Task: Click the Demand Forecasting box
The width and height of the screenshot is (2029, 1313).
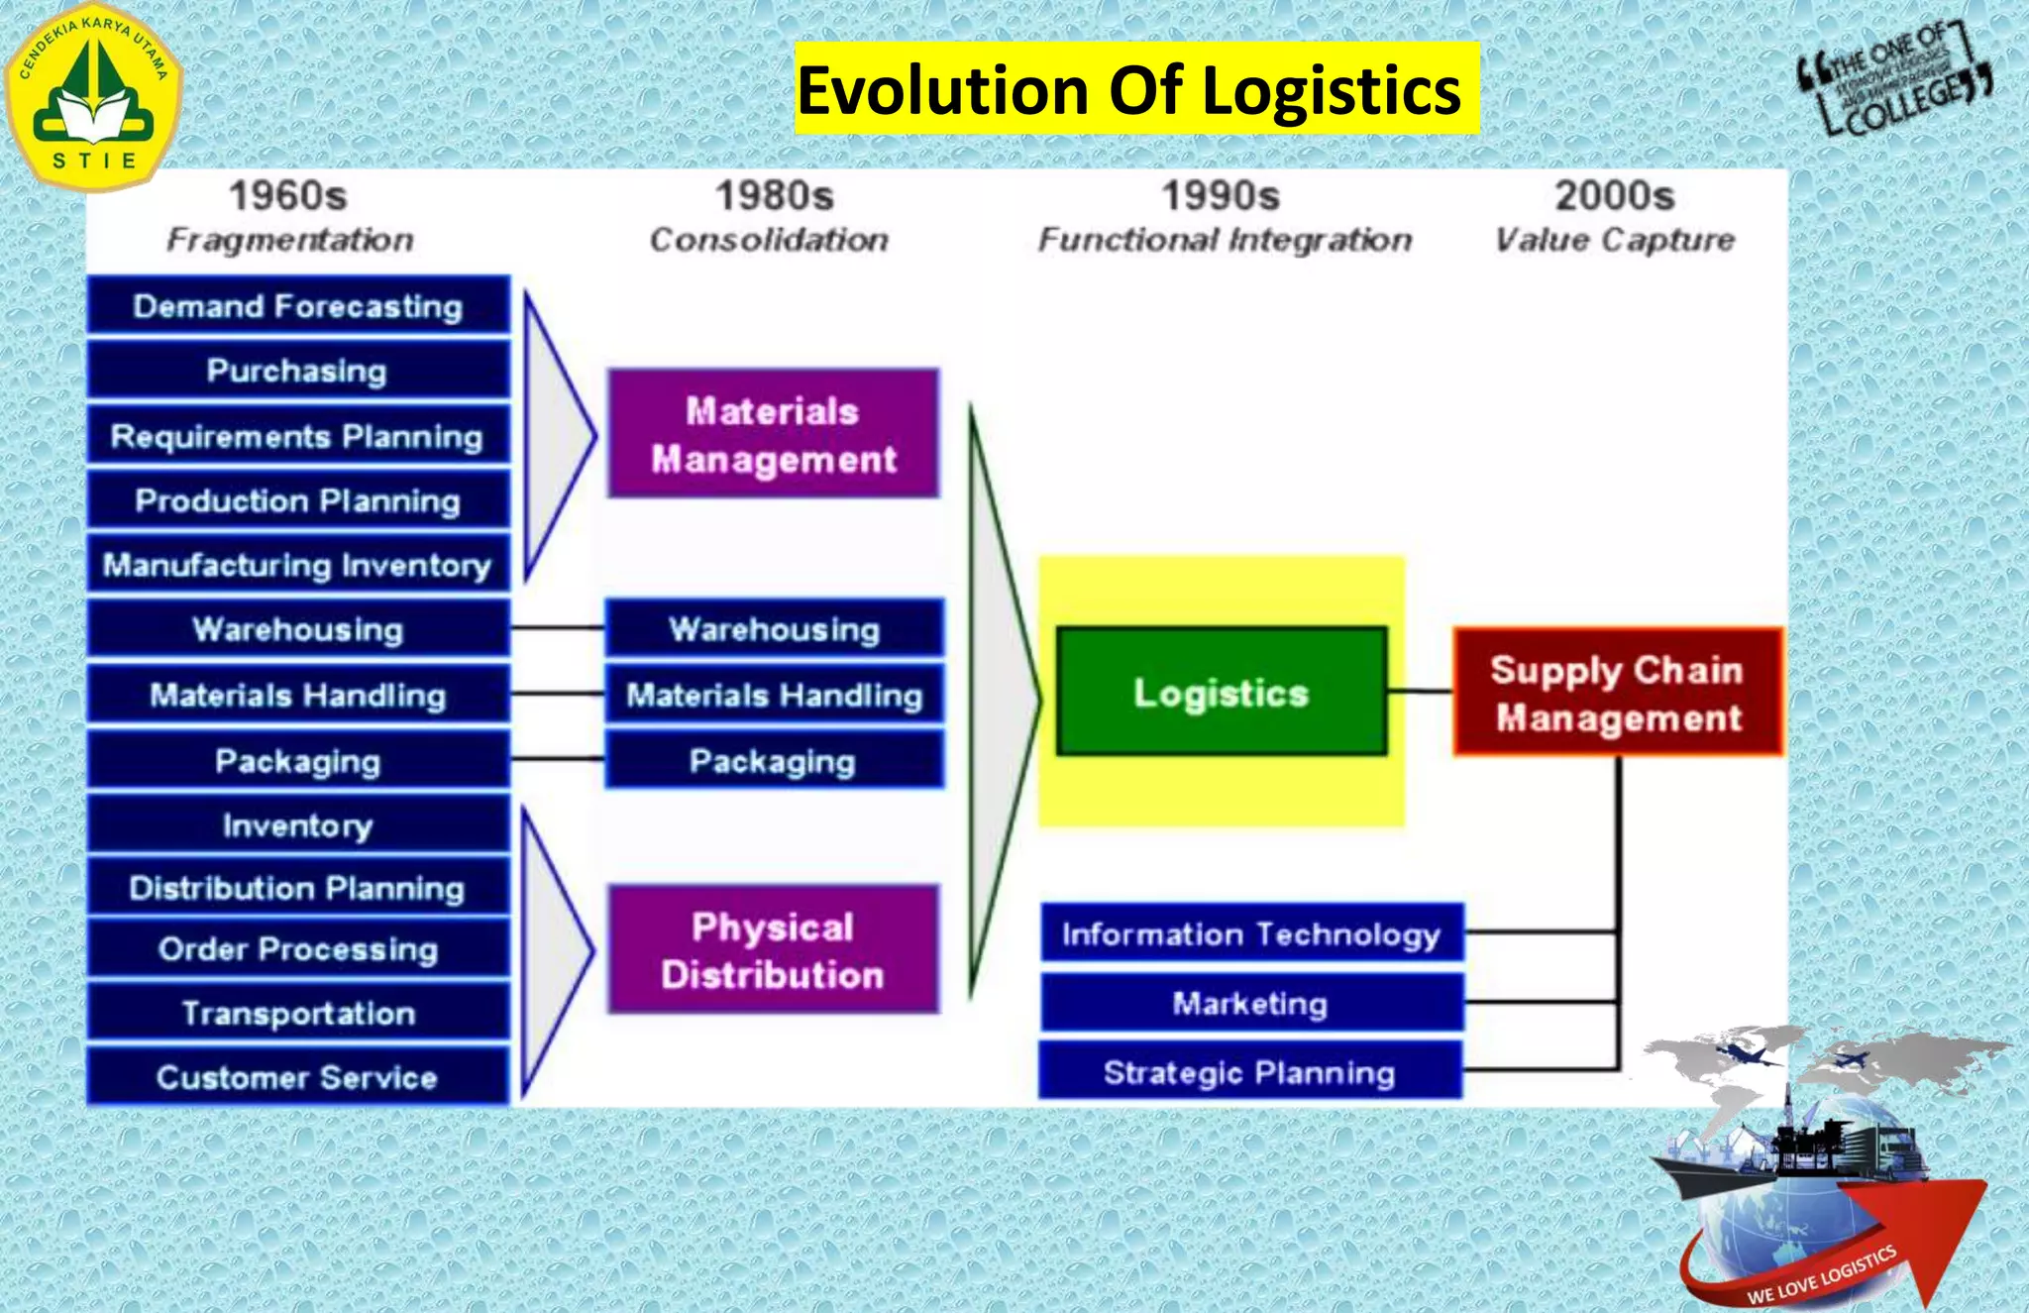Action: (x=298, y=306)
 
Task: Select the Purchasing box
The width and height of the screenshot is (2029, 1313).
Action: (x=298, y=371)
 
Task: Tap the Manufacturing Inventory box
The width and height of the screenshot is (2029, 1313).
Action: (x=298, y=565)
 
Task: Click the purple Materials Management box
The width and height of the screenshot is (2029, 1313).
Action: (x=773, y=434)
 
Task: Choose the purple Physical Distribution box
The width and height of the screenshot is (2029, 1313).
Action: (x=773, y=950)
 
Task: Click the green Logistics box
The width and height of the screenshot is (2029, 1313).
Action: (x=1221, y=692)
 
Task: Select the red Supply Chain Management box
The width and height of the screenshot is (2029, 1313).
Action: (x=1617, y=692)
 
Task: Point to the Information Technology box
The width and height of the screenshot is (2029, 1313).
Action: (x=1250, y=933)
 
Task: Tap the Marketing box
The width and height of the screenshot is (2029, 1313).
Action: (x=1250, y=1003)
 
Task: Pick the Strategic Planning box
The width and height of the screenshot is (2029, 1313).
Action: (x=1250, y=1071)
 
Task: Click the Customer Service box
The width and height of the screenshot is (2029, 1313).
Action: (x=298, y=1076)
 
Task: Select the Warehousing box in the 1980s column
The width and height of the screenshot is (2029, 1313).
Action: (x=774, y=628)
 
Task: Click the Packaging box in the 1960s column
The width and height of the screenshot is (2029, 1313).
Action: (x=298, y=760)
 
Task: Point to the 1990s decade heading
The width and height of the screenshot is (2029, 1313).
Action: (x=1221, y=195)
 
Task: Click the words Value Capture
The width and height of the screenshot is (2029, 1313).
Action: (x=1615, y=239)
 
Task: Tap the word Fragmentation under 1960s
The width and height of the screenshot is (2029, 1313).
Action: (x=289, y=239)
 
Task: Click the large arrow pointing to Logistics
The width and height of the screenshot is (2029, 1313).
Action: (x=1001, y=699)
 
